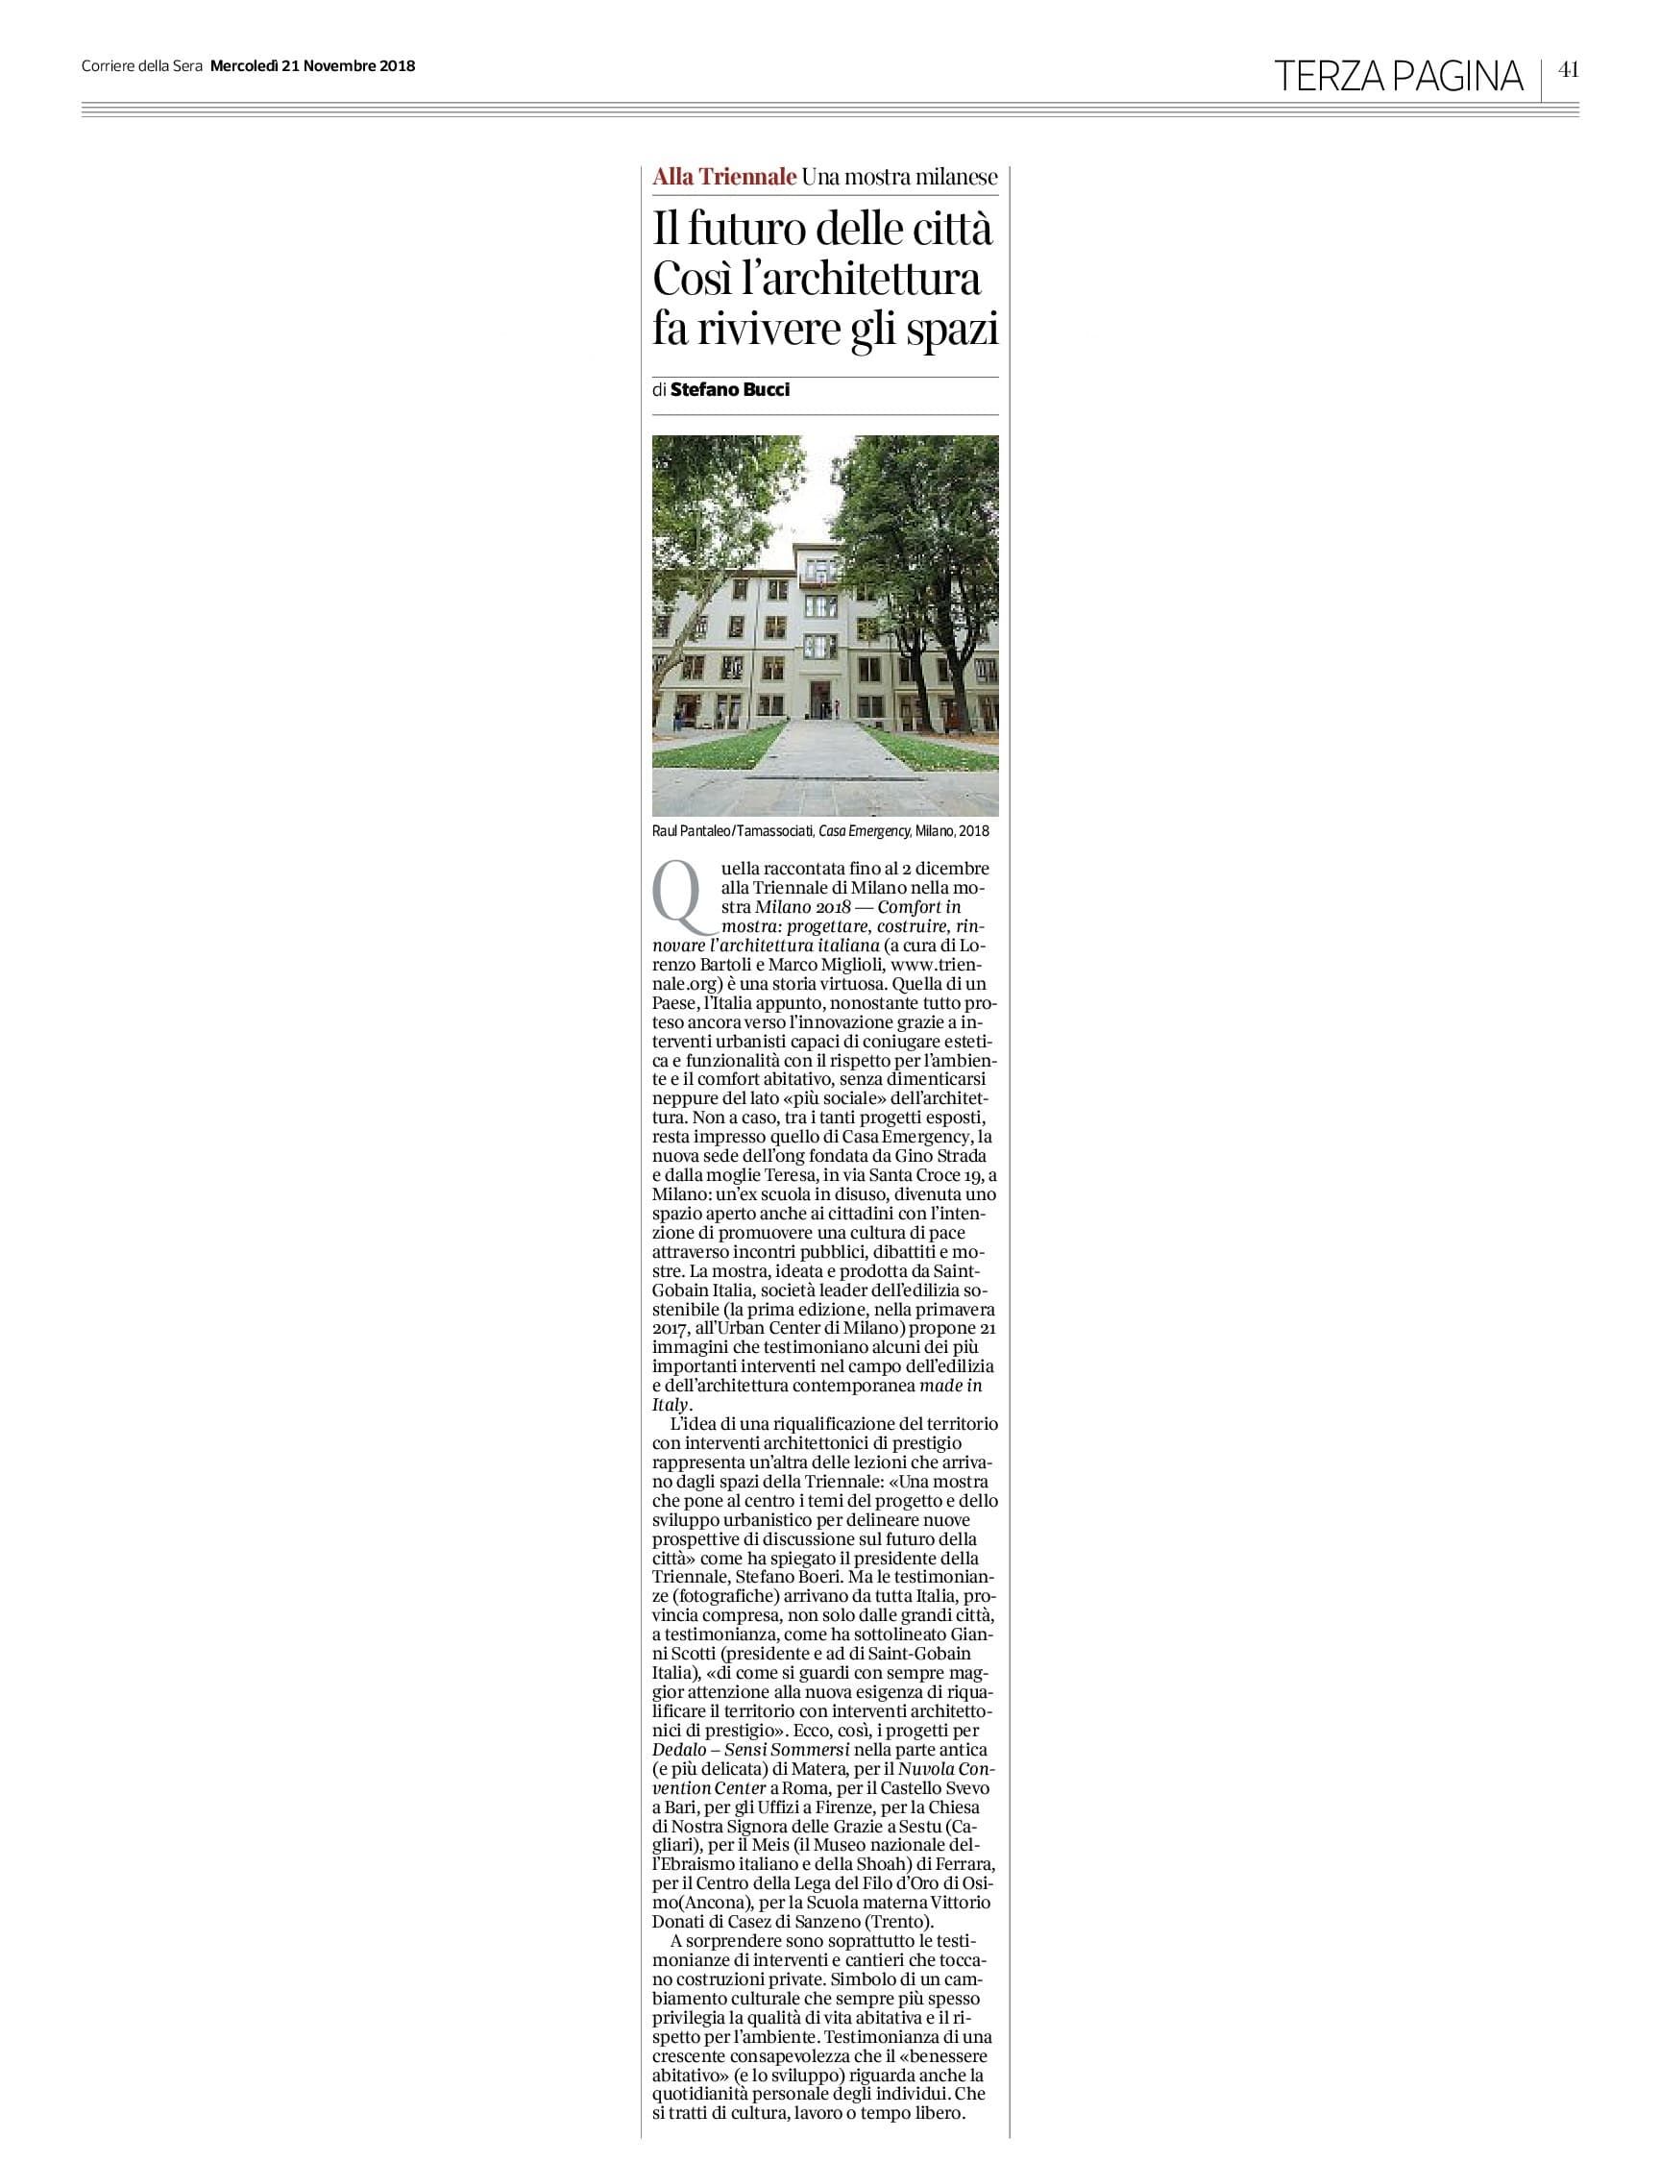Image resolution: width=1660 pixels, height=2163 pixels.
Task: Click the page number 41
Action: point(1568,69)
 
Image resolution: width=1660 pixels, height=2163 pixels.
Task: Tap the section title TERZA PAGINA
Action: point(1398,76)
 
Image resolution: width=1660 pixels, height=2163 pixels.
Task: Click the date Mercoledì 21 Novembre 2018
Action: point(312,66)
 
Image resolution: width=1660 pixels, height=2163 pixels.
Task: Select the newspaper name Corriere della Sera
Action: point(141,66)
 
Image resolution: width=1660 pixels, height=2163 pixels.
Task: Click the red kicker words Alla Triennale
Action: point(724,177)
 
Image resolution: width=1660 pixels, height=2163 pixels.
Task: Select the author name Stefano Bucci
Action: point(730,389)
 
